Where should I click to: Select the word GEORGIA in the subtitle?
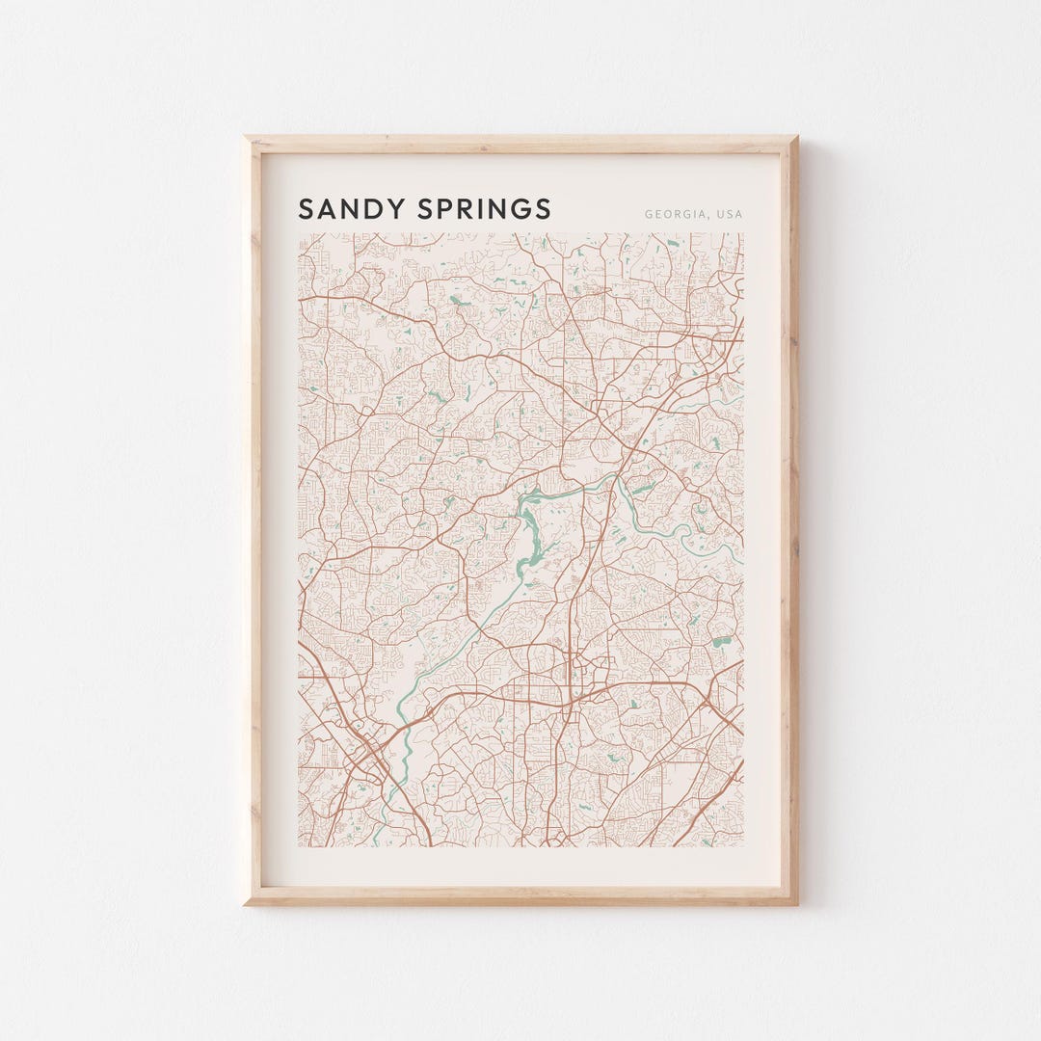674,214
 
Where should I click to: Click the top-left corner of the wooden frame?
245,137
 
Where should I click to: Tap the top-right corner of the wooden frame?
796,137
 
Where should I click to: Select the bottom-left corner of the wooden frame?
245,904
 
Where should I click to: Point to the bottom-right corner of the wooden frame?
796,904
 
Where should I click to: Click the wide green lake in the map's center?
529,535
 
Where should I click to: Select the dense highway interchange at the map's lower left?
366,752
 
